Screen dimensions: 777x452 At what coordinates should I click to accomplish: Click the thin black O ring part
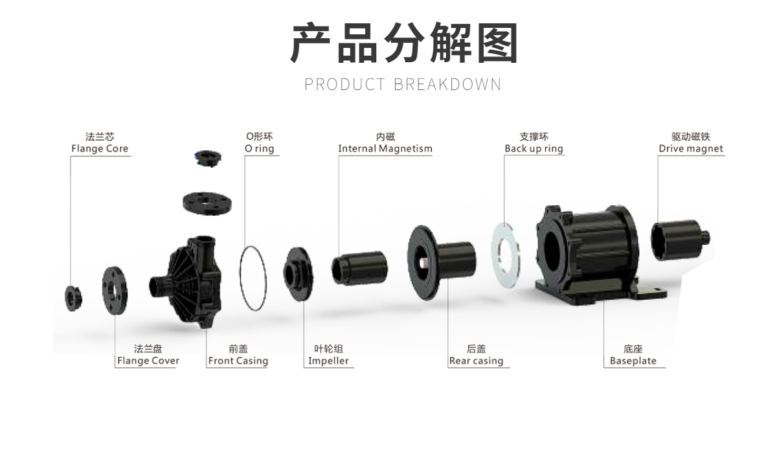pyautogui.click(x=240, y=278)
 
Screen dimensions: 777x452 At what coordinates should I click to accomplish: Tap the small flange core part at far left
pyautogui.click(x=73, y=299)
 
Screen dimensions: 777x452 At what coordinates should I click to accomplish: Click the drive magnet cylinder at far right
pyautogui.click(x=680, y=240)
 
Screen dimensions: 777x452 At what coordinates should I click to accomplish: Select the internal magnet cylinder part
pyautogui.click(x=360, y=268)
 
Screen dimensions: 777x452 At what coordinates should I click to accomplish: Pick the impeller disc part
pyautogui.click(x=298, y=274)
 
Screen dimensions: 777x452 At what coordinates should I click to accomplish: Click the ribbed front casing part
pyautogui.click(x=187, y=282)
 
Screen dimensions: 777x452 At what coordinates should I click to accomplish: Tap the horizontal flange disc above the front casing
pyautogui.click(x=207, y=203)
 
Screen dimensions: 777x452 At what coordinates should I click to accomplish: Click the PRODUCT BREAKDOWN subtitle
pyautogui.click(x=403, y=84)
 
